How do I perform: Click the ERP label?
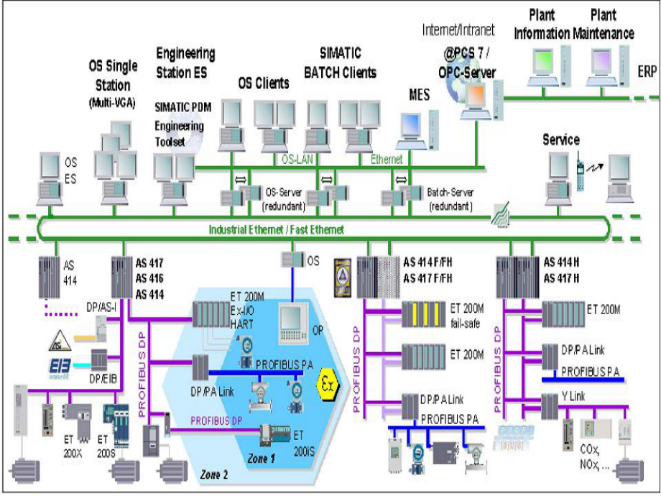click(647, 72)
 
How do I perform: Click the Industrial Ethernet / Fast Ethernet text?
click(276, 229)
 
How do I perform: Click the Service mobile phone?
click(581, 172)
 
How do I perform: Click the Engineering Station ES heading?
click(185, 60)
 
